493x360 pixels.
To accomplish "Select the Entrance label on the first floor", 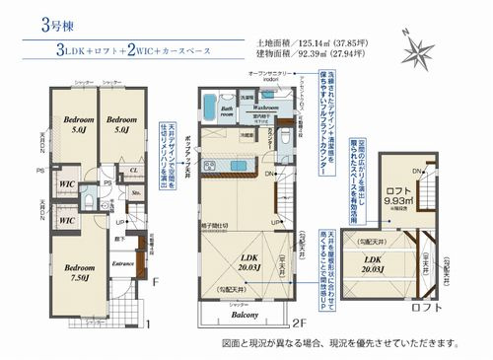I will [x=123, y=264].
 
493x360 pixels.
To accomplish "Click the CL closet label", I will [x=132, y=170].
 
